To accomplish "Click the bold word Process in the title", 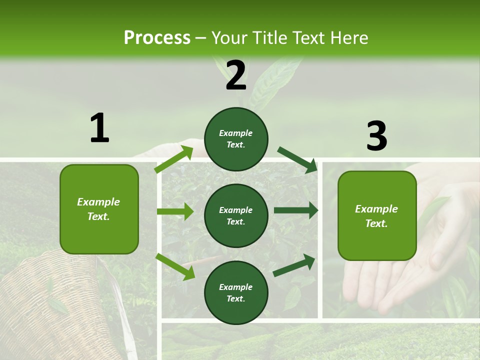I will coord(157,37).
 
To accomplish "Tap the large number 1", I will coord(99,128).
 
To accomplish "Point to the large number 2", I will coord(236,75).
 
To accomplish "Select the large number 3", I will coord(376,136).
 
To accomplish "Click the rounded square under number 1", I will coord(99,209).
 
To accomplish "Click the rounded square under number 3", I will coord(377,215).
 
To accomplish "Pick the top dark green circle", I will coord(236,139).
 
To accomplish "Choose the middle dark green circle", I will coord(236,215).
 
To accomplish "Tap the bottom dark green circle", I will coord(236,292).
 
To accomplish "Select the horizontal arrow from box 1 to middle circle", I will coord(175,211).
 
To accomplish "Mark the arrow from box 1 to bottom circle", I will coord(175,266).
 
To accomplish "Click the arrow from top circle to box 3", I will coord(297,159).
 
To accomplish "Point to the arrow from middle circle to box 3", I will coord(296,210).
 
